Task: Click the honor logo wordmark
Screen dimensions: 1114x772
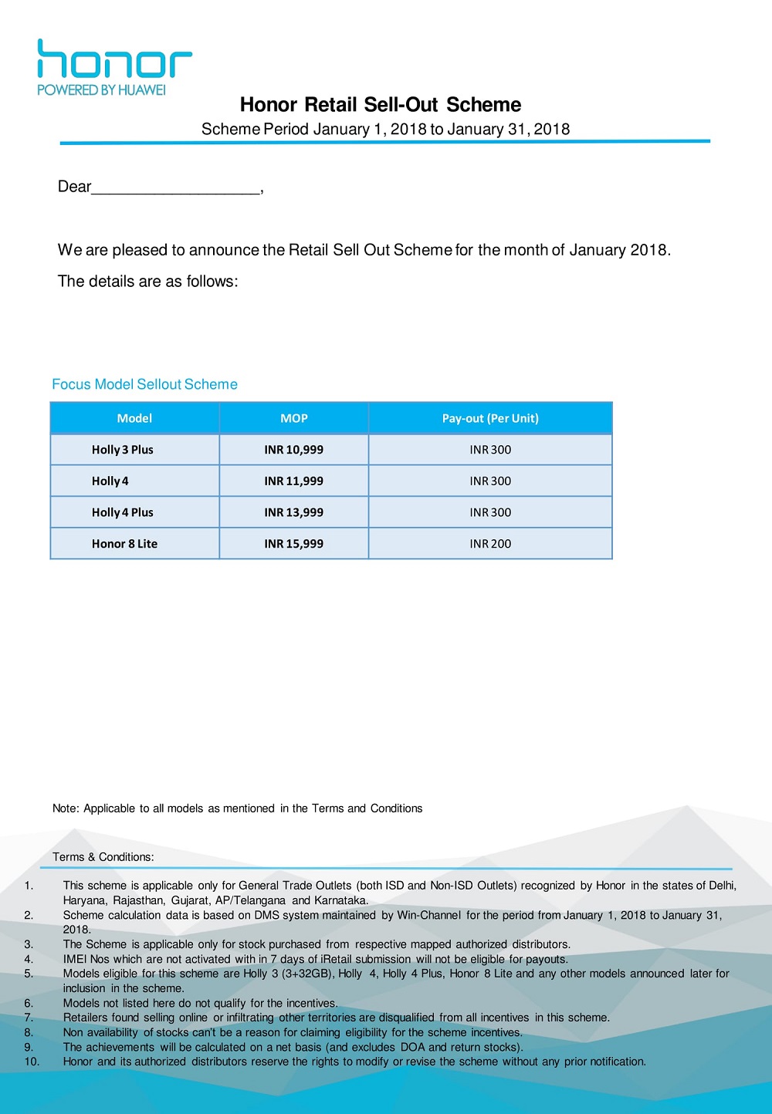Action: [114, 59]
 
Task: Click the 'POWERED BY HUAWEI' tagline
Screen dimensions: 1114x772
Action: [101, 90]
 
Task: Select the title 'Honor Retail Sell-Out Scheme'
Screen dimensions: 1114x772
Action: [381, 105]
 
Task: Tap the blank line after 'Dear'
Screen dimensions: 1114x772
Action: [176, 188]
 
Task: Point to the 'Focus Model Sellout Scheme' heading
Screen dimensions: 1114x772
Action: [144, 384]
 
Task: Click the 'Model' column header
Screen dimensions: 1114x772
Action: [134, 418]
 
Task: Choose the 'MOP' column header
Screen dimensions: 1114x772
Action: [293, 418]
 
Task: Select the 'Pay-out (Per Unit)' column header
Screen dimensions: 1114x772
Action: [490, 418]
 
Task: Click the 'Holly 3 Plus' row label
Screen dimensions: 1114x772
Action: [123, 450]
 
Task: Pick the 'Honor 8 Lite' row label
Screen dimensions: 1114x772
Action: [124, 544]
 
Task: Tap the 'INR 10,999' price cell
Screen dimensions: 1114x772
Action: [293, 450]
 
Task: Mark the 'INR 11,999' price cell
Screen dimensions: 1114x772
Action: [293, 481]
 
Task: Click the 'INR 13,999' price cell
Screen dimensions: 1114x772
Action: [293, 512]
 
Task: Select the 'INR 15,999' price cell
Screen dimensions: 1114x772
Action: [293, 544]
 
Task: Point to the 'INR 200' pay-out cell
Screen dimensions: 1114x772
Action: [490, 544]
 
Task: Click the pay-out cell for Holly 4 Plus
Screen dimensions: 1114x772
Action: [490, 512]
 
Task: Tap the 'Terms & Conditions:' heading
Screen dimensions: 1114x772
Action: [103, 857]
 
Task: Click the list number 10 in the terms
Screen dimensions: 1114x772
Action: [32, 1062]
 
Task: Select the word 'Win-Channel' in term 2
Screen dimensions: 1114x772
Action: [428, 915]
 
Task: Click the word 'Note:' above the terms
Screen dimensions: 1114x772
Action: [66, 808]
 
